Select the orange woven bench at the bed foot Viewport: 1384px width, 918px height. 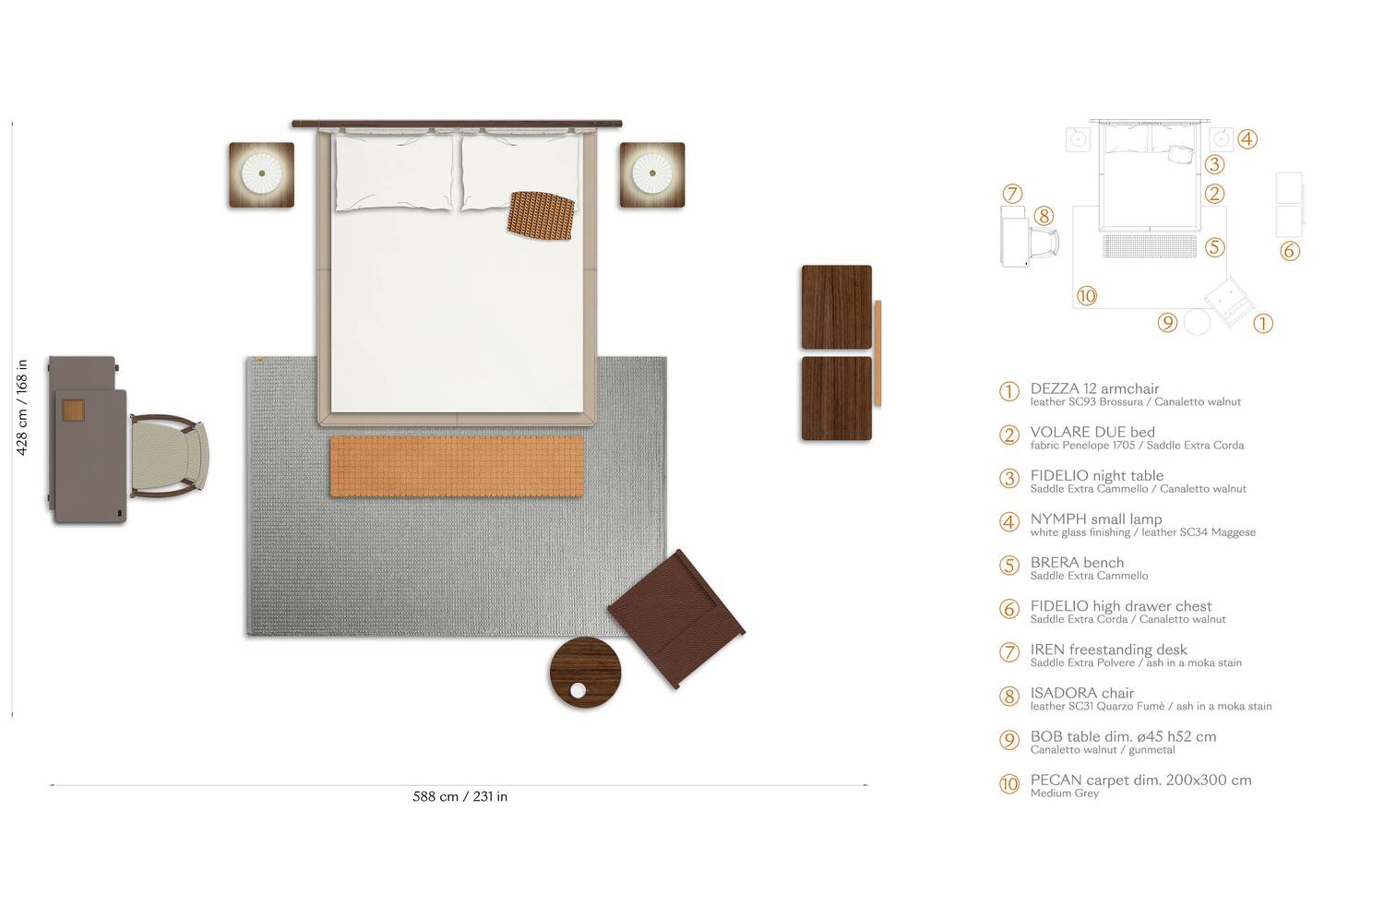click(458, 466)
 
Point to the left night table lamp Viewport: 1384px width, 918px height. click(262, 173)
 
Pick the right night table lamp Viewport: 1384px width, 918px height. click(652, 173)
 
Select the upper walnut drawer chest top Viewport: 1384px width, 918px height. click(836, 307)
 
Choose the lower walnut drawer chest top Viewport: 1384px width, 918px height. click(836, 399)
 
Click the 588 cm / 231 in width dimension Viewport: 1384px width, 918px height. click(459, 797)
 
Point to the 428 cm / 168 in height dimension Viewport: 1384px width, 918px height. click(22, 408)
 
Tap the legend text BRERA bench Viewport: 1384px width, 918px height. click(1077, 563)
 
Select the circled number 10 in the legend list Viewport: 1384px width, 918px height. click(1009, 784)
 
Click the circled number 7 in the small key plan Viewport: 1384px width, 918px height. click(1012, 194)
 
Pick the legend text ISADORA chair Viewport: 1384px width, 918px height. click(1081, 693)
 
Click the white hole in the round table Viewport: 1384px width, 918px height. click(578, 690)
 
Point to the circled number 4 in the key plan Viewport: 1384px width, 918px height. click(1247, 139)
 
